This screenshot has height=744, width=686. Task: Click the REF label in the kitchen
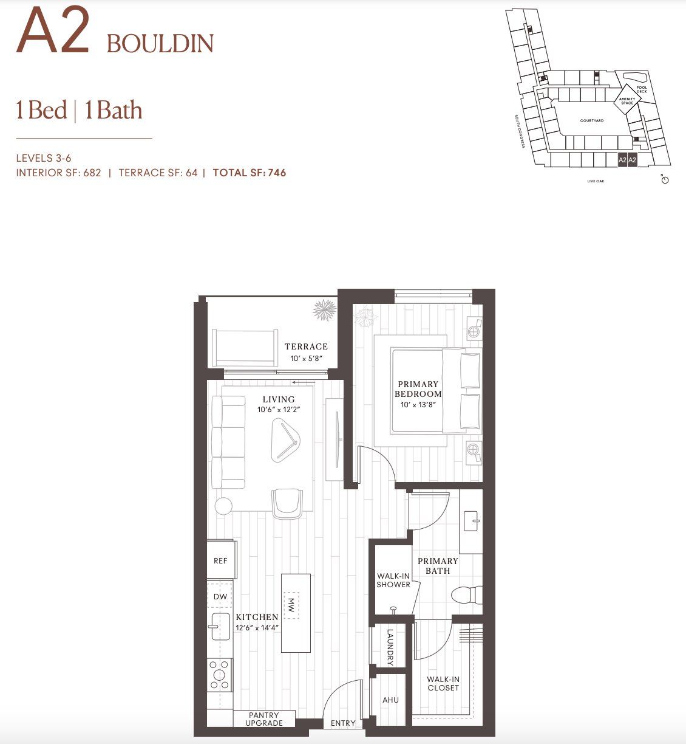(x=220, y=560)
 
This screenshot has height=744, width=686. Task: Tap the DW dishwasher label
(x=220, y=596)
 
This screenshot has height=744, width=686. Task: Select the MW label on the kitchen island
(x=291, y=605)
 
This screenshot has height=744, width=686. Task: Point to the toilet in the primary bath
(x=467, y=594)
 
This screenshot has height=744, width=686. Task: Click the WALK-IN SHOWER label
(x=393, y=580)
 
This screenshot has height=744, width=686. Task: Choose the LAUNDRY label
(x=390, y=647)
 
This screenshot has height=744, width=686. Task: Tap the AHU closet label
(x=390, y=700)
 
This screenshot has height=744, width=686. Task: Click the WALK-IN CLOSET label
(x=443, y=684)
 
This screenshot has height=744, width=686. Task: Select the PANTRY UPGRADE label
(x=264, y=719)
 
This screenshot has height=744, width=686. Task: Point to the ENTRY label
(x=343, y=723)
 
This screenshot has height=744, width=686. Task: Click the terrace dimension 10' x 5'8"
(x=305, y=359)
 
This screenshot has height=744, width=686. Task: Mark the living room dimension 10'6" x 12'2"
(x=279, y=410)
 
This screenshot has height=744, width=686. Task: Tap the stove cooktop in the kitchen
(x=220, y=675)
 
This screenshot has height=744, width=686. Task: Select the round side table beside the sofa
(x=223, y=506)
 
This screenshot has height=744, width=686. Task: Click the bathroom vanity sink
(x=472, y=520)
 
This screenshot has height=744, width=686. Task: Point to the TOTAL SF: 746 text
(x=250, y=173)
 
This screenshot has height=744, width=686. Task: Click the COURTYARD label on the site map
(x=591, y=121)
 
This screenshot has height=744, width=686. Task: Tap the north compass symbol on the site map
(x=665, y=180)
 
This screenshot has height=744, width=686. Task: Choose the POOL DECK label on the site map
(x=642, y=89)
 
